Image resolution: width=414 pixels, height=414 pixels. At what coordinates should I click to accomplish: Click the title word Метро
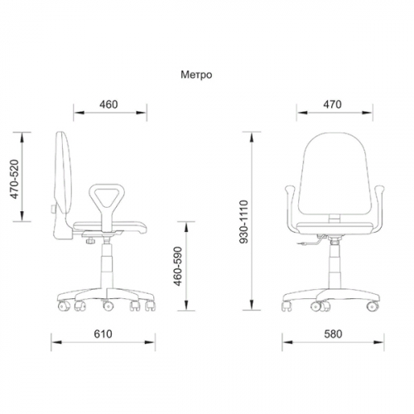click(x=196, y=75)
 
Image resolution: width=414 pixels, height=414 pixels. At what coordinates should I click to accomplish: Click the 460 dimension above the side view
click(x=108, y=104)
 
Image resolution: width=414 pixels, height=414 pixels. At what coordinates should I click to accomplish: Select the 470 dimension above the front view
click(x=332, y=104)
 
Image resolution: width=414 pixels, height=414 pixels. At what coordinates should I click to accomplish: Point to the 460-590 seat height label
click(x=178, y=266)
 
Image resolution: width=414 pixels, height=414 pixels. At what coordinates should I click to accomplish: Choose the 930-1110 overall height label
click(x=244, y=222)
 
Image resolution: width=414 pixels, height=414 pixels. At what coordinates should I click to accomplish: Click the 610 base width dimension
click(x=103, y=334)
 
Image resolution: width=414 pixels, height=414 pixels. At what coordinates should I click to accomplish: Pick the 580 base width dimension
click(x=333, y=334)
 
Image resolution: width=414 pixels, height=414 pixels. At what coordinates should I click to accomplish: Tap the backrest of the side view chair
click(x=64, y=185)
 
